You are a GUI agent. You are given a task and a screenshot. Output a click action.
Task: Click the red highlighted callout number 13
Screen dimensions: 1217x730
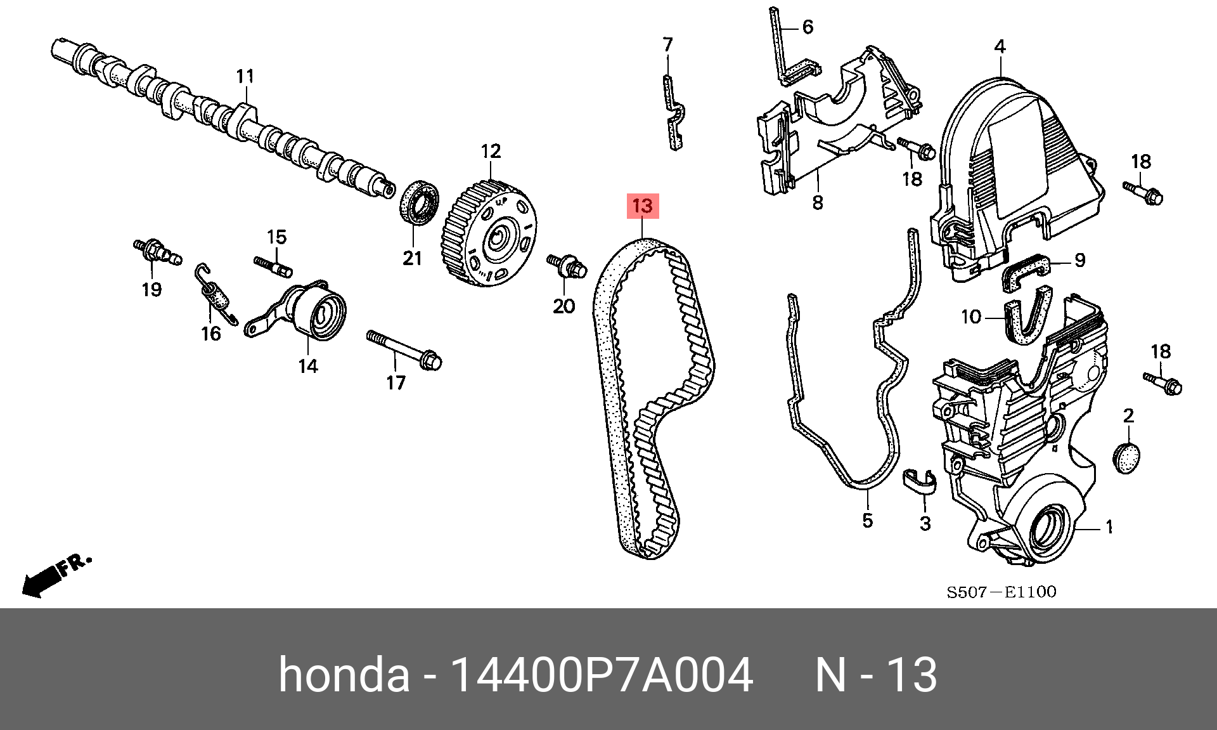[643, 205]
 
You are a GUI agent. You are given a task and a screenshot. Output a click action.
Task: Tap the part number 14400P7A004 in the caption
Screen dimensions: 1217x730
[601, 674]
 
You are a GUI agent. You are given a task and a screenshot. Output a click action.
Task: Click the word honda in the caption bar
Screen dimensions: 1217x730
[344, 674]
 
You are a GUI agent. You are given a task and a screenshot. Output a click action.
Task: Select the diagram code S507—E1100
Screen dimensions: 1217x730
[1001, 592]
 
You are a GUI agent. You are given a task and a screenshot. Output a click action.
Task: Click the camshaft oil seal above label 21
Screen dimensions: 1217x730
[419, 202]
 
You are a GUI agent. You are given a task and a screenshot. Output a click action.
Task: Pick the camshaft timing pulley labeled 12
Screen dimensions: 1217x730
[489, 233]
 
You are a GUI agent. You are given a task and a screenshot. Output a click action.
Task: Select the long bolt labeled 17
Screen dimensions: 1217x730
[404, 349]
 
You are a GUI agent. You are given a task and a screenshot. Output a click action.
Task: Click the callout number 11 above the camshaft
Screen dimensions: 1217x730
[245, 77]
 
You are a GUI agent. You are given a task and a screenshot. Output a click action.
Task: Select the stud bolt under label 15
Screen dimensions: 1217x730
[273, 266]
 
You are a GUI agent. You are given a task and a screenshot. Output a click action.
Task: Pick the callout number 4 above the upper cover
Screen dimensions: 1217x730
[1000, 46]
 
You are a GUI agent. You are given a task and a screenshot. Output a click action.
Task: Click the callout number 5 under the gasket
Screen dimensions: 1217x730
[868, 521]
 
